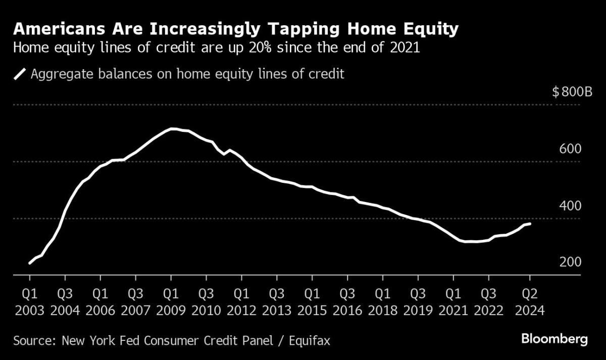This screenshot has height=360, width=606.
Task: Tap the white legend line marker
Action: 20,74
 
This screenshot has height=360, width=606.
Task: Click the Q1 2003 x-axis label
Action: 30,301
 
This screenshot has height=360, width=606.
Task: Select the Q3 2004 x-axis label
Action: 65,301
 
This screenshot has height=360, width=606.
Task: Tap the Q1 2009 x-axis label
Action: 171,301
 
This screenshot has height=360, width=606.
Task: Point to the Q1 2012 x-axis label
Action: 242,301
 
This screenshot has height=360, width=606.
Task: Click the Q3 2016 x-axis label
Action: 347,301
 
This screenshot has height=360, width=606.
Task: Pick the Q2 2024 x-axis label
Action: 530,301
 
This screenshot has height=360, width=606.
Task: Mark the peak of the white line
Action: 173,129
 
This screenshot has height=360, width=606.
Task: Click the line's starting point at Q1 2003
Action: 30,263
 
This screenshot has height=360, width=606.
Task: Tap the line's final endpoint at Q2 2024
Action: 530,224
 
